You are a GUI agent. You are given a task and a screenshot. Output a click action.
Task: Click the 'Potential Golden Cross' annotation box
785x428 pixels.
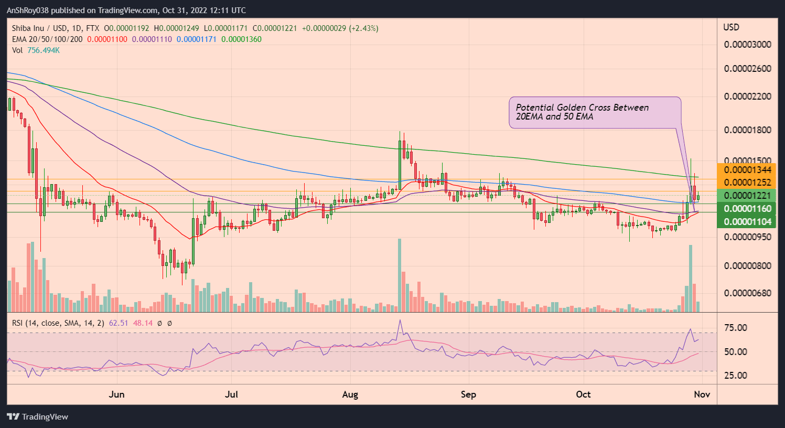(595, 112)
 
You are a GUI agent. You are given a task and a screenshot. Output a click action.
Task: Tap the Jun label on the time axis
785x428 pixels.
(116, 394)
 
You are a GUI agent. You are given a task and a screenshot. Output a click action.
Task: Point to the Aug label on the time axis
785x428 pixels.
(350, 394)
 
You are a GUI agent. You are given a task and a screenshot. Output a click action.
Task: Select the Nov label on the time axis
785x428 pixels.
(702, 394)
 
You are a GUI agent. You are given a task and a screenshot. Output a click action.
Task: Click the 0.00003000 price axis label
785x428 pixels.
(747, 45)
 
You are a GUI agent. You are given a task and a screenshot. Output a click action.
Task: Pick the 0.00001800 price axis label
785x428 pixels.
(747, 130)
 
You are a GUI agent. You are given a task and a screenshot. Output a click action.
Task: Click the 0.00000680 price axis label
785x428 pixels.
(747, 293)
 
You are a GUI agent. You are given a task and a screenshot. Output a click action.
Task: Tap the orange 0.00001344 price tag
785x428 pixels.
(747, 169)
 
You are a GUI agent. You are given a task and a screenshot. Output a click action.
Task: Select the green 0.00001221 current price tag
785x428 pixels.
(747, 196)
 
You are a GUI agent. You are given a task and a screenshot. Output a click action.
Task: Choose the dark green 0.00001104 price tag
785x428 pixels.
(747, 222)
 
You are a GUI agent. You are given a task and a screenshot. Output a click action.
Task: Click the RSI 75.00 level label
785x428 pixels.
(735, 328)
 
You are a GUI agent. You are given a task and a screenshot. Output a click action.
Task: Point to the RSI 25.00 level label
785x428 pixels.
(735, 376)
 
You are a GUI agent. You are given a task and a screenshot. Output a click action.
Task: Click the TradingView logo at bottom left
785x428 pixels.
(38, 417)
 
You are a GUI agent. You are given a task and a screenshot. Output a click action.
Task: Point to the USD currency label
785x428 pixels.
(731, 27)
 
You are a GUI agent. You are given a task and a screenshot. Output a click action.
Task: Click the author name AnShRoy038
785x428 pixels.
(30, 10)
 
